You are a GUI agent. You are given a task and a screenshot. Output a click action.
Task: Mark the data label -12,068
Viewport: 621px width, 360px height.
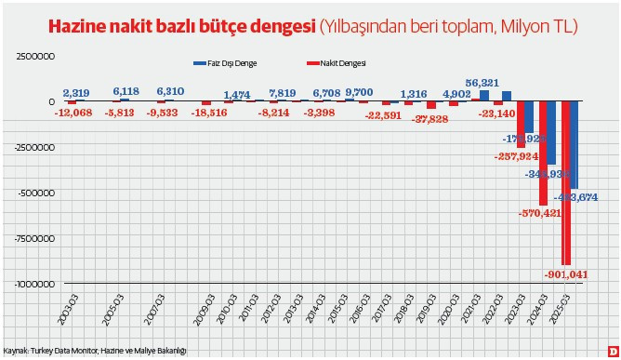point(73,113)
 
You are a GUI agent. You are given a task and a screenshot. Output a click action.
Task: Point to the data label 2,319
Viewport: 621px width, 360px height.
point(76,92)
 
